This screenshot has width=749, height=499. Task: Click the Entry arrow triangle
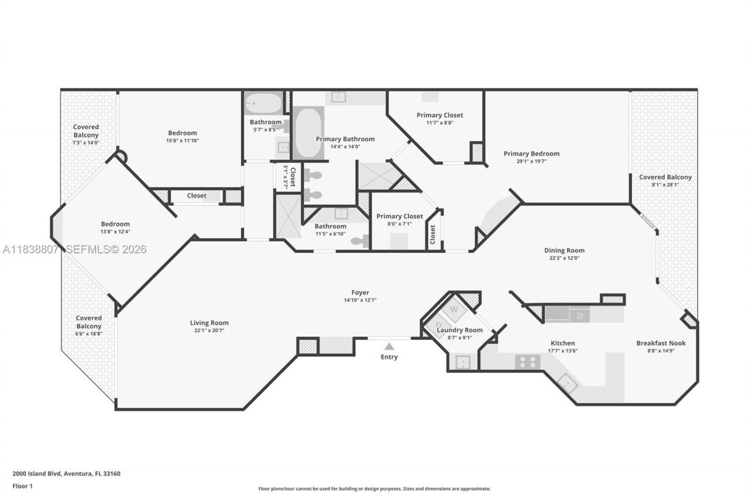coord(389,346)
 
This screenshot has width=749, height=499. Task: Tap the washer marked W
coord(454,309)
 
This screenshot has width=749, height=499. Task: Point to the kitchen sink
coord(567,383)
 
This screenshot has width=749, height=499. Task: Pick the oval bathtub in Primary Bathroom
coord(307,133)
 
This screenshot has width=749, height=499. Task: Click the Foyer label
coord(360,292)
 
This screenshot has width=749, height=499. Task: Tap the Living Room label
coord(209,323)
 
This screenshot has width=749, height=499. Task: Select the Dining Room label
coord(564,250)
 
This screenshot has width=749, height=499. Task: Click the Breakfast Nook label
coord(661,343)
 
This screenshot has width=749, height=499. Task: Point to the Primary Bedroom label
coord(531,154)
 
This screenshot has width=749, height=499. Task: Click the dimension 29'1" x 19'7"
coord(531,161)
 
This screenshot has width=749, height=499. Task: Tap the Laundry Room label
coord(460,330)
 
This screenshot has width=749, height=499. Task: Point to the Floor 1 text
coord(22,486)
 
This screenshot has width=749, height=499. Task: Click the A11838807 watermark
coord(30,250)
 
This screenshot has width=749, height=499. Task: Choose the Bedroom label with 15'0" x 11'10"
coord(183,133)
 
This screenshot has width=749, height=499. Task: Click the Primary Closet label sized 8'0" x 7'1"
coord(400,216)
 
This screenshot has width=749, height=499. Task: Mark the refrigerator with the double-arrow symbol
coord(579,315)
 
